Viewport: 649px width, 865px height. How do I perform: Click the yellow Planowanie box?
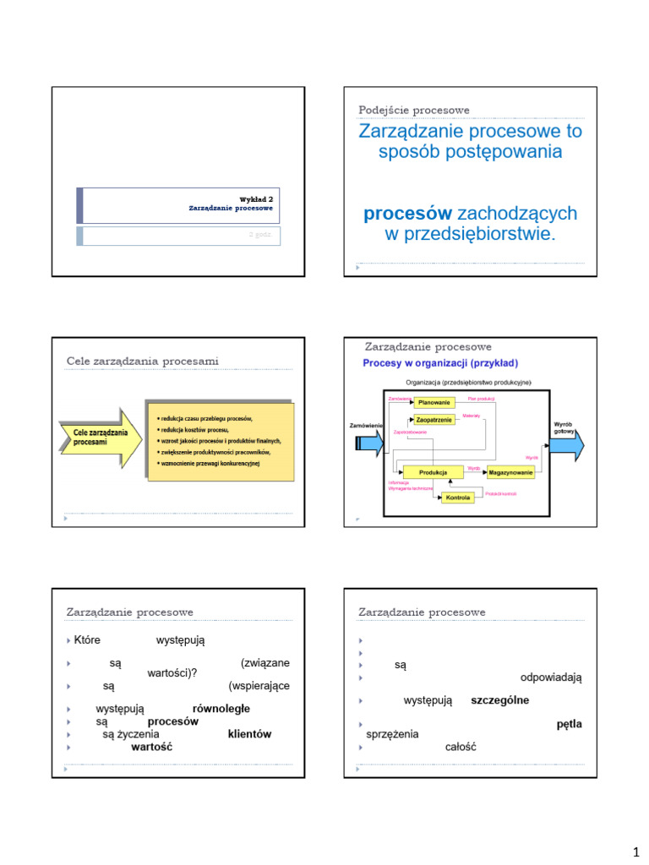tap(434, 403)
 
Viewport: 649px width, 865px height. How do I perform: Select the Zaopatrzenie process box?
tap(434, 419)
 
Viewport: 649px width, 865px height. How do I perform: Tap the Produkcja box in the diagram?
tap(433, 471)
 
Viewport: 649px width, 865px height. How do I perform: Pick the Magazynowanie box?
tap(511, 471)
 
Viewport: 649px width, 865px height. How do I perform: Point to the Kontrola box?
tap(458, 498)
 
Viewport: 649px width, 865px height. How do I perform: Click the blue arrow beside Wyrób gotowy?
tap(567, 445)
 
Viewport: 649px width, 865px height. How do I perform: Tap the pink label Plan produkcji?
tap(481, 398)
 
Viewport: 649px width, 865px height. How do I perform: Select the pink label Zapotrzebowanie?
tap(410, 432)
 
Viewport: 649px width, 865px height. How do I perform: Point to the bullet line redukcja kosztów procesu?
tap(194, 430)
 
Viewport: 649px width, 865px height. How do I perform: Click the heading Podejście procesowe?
tap(414, 110)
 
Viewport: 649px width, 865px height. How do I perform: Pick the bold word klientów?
tap(249, 734)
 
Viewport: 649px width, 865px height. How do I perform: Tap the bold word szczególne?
tap(500, 700)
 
